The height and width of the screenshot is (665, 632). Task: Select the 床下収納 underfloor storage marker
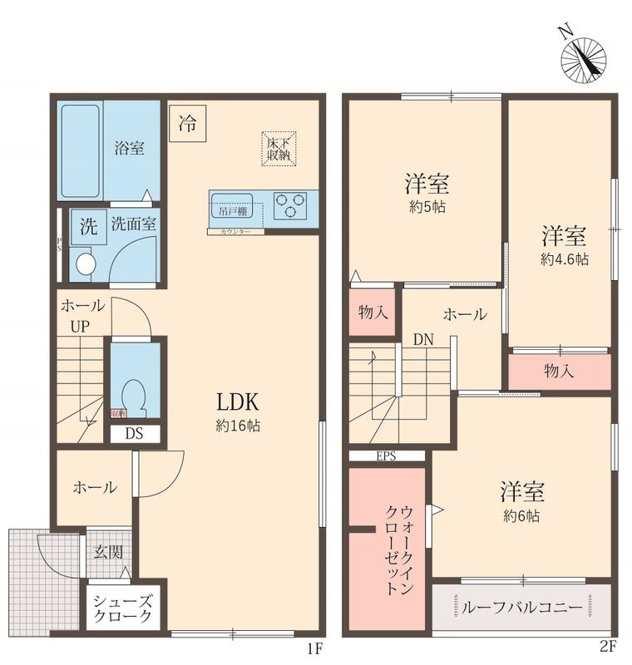[278, 148]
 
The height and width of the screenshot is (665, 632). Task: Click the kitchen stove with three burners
[290, 204]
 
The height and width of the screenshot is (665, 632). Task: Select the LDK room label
[239, 402]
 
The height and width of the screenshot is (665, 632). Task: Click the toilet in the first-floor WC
[133, 395]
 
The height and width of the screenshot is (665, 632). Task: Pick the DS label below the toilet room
[133, 433]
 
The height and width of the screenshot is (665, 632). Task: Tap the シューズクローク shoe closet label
[121, 608]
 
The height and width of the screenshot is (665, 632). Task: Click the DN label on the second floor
[422, 339]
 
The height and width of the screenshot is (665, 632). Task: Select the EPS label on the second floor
[387, 455]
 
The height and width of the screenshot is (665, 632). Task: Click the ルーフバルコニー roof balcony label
[522, 608]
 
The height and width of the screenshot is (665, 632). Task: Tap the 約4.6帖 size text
[565, 259]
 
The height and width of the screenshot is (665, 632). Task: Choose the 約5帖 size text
[427, 207]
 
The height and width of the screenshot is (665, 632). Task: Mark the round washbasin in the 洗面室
[84, 264]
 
